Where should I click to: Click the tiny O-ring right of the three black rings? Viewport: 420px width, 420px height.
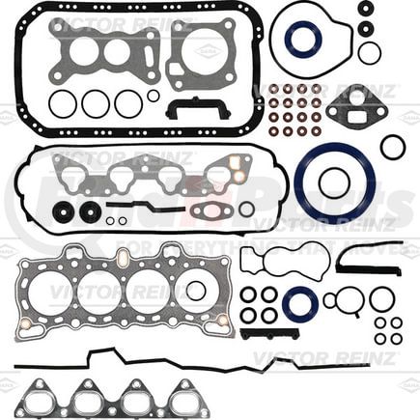[154, 96]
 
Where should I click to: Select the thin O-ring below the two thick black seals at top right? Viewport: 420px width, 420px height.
[368, 52]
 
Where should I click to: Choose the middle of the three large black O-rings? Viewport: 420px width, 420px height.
[95, 102]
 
